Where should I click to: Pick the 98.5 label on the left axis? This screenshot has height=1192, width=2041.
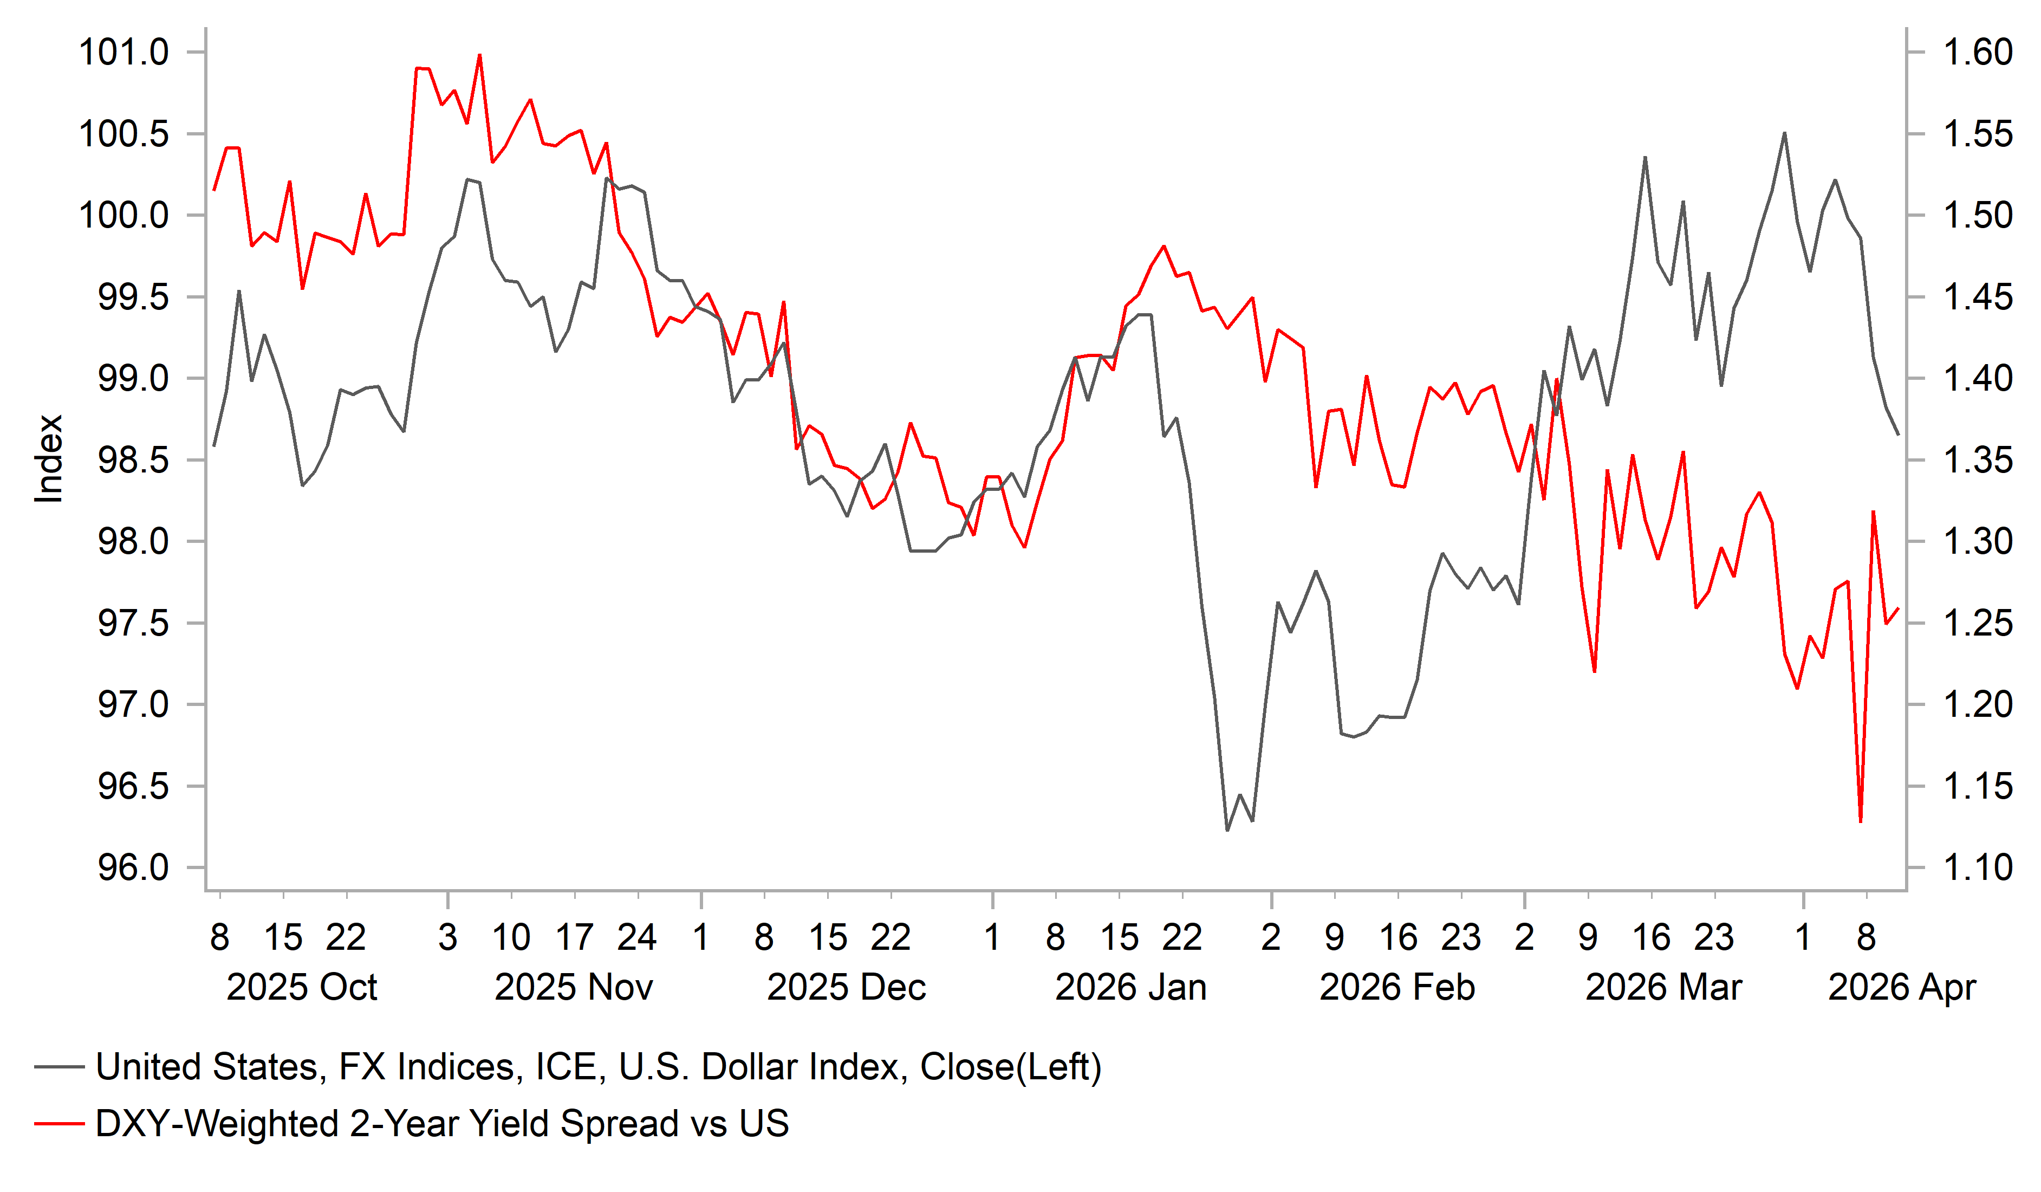(x=133, y=460)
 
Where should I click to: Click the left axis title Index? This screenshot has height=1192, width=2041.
(x=49, y=458)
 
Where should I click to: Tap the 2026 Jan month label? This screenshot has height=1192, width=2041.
(x=1130, y=988)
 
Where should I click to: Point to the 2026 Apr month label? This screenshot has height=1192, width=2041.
(x=1902, y=988)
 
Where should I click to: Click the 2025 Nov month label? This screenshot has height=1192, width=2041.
(x=574, y=988)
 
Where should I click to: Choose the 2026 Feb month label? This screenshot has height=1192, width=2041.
(x=1397, y=988)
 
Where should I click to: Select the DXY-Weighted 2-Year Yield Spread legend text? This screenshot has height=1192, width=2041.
(x=442, y=1124)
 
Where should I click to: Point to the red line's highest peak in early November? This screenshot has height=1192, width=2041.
(x=479, y=55)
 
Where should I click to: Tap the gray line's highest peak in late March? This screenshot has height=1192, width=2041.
(x=1784, y=133)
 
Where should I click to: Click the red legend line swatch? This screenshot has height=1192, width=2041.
(x=59, y=1124)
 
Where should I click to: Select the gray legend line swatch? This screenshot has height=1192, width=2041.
(x=59, y=1067)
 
